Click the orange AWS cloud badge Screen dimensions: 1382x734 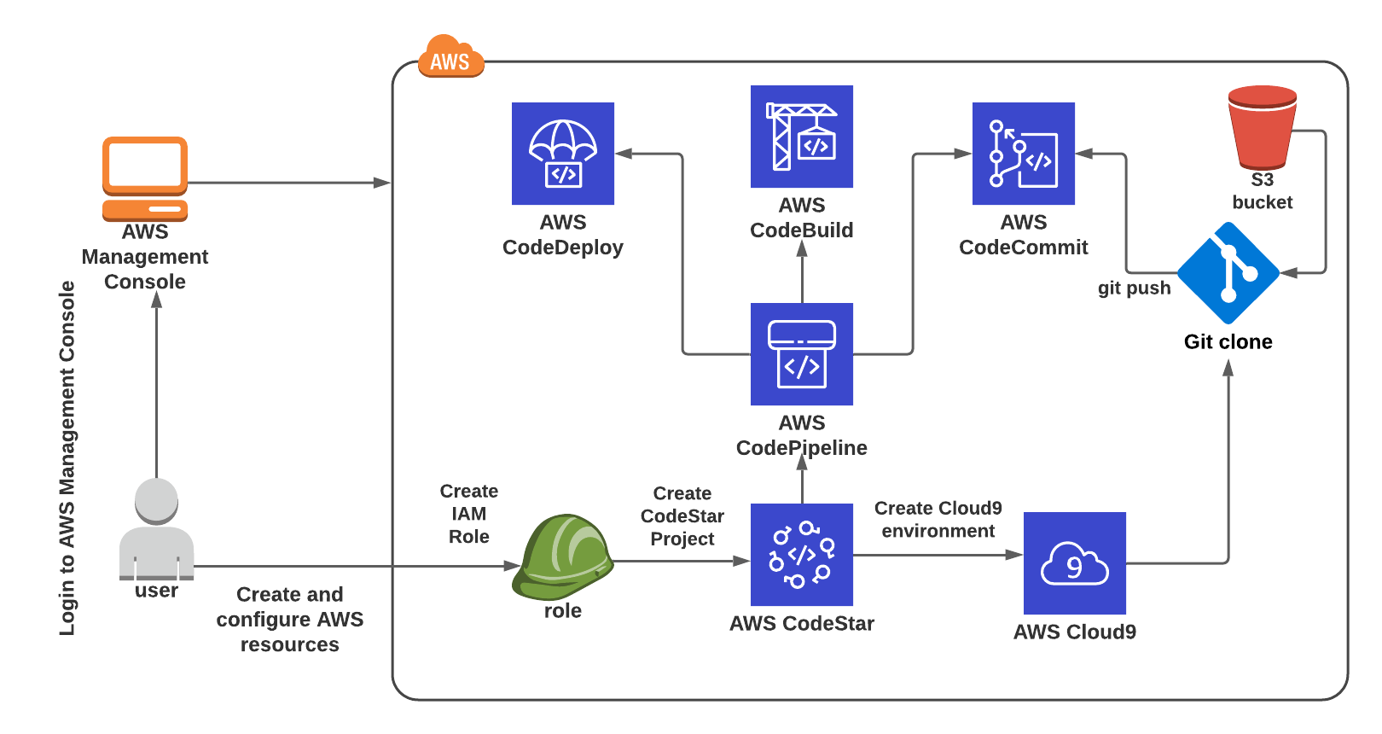[x=450, y=56]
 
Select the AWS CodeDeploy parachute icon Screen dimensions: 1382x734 [x=563, y=153]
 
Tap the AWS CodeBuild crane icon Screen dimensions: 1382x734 [x=801, y=137]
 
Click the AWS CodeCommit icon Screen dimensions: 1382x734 [x=1024, y=153]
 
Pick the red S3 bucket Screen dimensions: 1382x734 [x=1263, y=127]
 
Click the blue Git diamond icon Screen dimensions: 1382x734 [x=1228, y=273]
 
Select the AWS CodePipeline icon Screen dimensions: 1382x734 [x=801, y=353]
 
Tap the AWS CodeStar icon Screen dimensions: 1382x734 [x=801, y=555]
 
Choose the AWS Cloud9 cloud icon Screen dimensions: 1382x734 [x=1075, y=563]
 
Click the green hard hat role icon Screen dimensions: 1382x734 [x=562, y=557]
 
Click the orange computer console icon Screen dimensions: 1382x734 [x=145, y=179]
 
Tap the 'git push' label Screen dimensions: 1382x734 [x=1134, y=288]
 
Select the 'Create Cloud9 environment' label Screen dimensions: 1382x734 [x=938, y=519]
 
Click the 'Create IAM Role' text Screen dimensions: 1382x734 [x=469, y=514]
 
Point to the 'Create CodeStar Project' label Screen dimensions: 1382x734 [x=682, y=516]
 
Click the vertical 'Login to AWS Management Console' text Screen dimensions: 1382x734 [x=67, y=458]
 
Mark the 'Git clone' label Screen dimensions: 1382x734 [x=1228, y=341]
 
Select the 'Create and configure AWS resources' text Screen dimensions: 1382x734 [x=289, y=619]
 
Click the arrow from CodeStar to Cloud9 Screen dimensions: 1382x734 [x=938, y=555]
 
